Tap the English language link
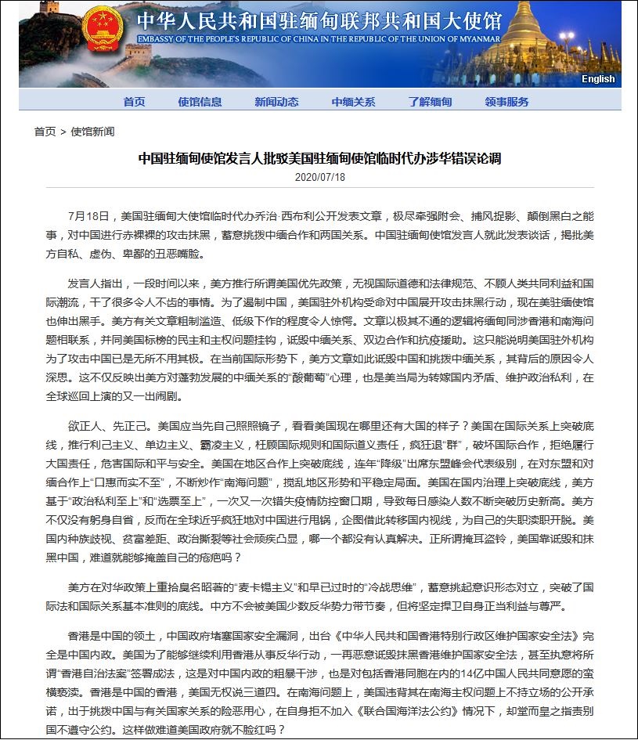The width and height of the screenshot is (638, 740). click(x=598, y=79)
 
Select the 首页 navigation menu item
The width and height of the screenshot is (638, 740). click(x=134, y=102)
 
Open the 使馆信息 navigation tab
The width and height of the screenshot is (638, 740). click(x=200, y=102)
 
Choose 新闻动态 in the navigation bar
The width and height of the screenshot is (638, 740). click(x=276, y=102)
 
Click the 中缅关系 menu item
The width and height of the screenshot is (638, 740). click(x=353, y=102)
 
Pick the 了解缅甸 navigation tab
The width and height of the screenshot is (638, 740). click(x=430, y=102)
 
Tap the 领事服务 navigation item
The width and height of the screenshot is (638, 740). click(x=506, y=102)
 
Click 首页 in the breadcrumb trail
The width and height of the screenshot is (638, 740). click(x=45, y=132)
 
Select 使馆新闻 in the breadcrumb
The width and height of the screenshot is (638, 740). click(x=92, y=132)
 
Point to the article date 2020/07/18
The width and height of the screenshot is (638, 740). click(x=319, y=177)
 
